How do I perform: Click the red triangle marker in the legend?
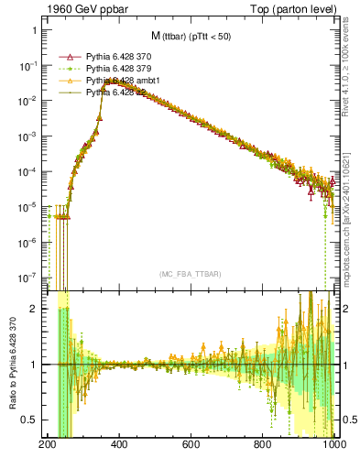tap(71, 56)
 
